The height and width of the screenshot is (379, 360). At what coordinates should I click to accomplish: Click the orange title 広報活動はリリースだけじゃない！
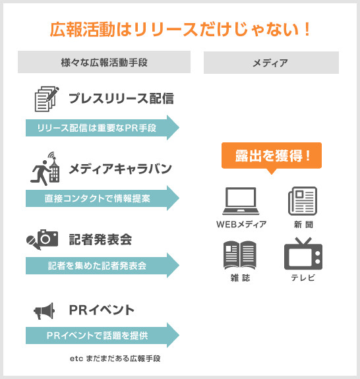pos(180,30)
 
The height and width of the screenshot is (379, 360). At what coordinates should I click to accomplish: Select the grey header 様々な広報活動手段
pos(104,62)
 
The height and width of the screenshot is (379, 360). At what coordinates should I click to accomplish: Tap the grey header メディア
pos(271,63)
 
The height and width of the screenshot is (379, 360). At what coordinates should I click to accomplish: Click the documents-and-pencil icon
pos(47,99)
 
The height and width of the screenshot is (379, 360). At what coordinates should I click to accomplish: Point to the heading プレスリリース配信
pos(121,98)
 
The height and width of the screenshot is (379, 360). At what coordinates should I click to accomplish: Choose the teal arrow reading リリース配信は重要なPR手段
pos(102,128)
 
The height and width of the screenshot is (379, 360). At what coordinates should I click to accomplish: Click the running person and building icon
pos(45,169)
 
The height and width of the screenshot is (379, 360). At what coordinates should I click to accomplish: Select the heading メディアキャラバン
pos(120,169)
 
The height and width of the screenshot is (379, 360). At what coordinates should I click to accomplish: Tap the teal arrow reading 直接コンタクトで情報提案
pos(102,198)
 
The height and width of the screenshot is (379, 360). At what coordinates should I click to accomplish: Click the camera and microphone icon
pos(42,239)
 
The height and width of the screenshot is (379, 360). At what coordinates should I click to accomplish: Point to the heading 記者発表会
pos(101,239)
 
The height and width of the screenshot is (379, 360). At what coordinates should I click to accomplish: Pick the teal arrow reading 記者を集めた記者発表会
pos(102,265)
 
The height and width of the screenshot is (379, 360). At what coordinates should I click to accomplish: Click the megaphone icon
pos(44,311)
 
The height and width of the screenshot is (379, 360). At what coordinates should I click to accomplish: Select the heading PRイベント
pos(102,310)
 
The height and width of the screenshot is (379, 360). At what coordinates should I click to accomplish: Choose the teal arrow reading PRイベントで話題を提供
pos(102,335)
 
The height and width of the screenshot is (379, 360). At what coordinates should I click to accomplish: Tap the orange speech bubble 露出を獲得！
pos(272,156)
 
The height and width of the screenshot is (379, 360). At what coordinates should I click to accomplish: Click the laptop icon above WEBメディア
pos(241,201)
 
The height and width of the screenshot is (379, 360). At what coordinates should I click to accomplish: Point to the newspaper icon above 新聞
pos(303,201)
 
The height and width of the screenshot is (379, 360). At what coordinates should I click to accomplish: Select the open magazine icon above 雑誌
pos(239,255)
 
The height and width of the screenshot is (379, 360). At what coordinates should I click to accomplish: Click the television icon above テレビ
pos(303,254)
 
